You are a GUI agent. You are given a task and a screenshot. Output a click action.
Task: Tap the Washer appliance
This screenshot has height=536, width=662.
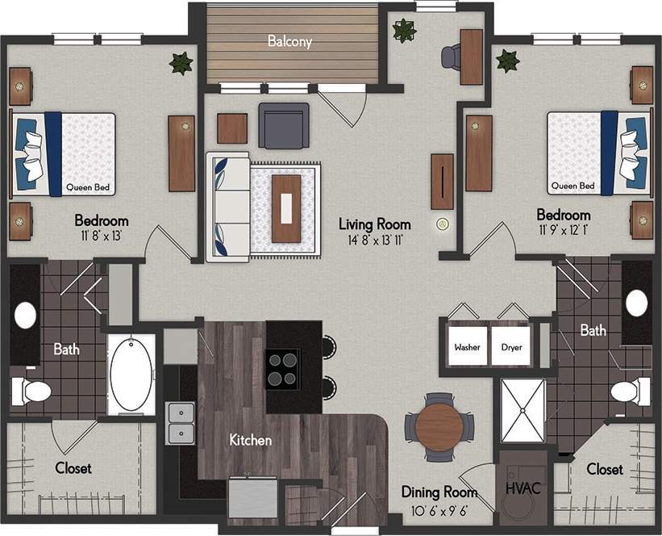tap(466, 347)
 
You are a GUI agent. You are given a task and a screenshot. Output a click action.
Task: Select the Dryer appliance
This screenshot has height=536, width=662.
tap(510, 347)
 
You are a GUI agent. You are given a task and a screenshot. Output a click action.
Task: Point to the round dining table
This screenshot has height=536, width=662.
tap(439, 426)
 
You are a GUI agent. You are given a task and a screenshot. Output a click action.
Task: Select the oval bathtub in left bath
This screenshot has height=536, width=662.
tap(131, 375)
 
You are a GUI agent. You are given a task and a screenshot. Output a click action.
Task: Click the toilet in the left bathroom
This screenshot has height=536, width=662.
tap(31, 392)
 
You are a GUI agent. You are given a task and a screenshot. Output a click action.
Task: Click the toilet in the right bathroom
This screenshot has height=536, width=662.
tap(630, 392)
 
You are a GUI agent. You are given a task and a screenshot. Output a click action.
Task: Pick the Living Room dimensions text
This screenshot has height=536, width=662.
tap(374, 240)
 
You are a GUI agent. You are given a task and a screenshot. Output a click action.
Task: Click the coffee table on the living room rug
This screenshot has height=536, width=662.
tap(286, 207)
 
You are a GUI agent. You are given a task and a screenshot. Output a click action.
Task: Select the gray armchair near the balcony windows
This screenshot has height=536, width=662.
tap(284, 125)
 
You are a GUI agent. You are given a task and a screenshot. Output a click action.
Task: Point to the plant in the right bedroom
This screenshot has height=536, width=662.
tap(507, 61)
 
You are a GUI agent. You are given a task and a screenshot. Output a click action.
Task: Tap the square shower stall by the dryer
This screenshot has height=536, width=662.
tap(523, 410)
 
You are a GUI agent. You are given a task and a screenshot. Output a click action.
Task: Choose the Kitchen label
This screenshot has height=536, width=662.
tap(251, 441)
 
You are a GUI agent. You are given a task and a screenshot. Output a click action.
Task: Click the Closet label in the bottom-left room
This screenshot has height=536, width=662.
tap(73, 468)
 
